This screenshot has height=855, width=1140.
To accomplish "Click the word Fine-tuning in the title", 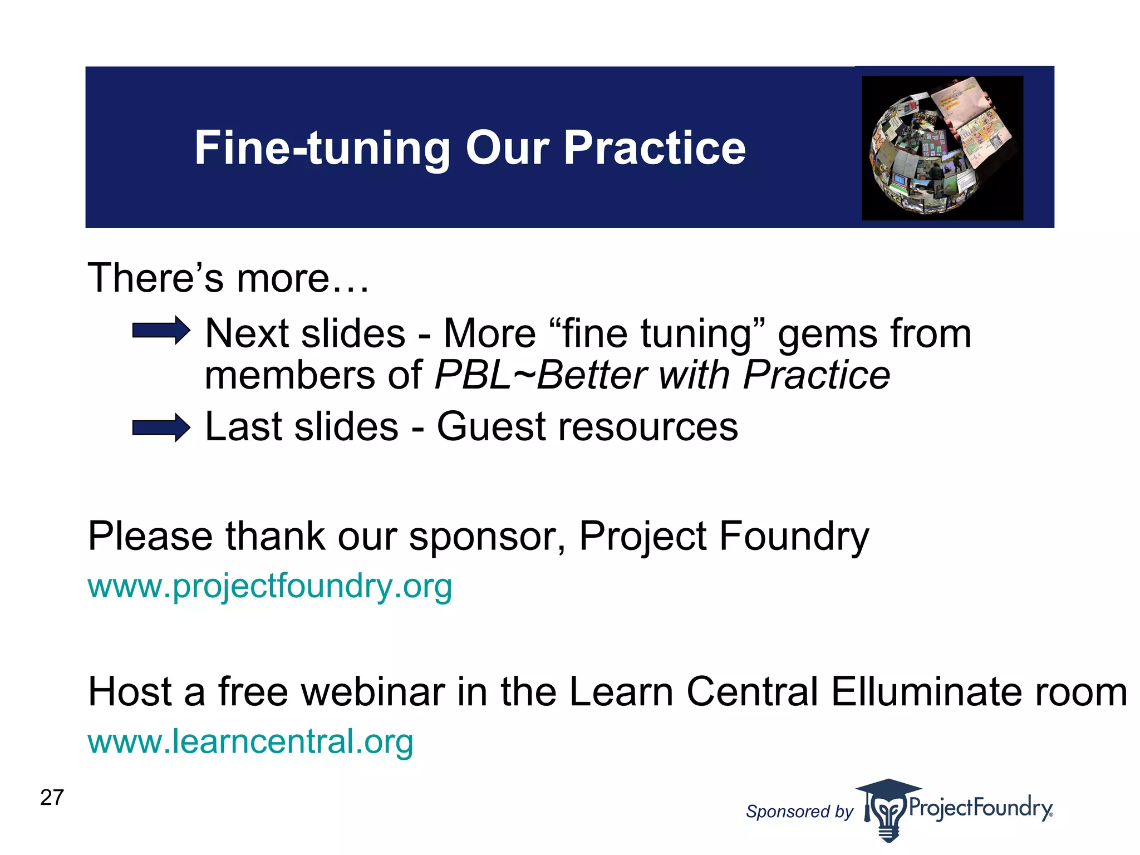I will tap(322, 148).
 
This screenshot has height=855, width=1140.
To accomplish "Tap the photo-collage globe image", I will tap(942, 148).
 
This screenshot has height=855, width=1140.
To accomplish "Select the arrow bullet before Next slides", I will tap(161, 331).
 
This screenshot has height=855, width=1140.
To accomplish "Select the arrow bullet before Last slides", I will tap(161, 427).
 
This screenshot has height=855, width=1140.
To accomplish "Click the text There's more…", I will tap(228, 278).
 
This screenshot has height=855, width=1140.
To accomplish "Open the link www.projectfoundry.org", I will tap(270, 586).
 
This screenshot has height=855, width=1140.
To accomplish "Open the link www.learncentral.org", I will tap(250, 741).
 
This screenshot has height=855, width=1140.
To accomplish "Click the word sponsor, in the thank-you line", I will tap(487, 537).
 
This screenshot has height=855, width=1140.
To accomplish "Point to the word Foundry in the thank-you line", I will tap(793, 537).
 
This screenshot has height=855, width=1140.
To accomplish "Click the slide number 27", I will tap(52, 798).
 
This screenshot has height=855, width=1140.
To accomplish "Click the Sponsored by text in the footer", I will tap(799, 812).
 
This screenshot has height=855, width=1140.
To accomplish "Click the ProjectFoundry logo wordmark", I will tap(980, 807).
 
